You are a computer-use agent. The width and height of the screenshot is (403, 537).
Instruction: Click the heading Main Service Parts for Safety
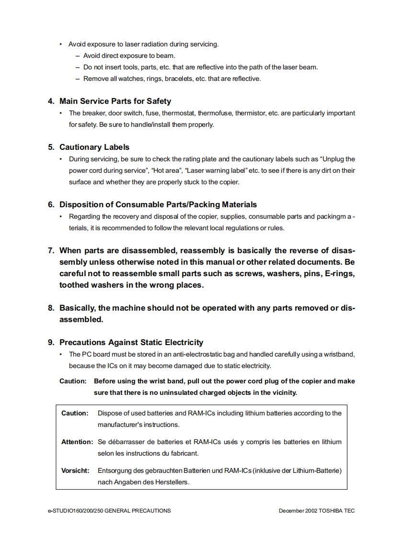115,101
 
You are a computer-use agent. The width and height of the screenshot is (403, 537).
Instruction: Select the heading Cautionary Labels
94,147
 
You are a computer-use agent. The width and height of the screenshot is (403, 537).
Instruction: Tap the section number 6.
50,204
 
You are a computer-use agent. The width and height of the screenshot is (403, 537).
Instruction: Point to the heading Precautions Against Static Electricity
131,342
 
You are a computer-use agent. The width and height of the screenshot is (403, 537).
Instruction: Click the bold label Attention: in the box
77,442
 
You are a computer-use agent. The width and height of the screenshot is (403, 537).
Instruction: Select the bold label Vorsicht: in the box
75,470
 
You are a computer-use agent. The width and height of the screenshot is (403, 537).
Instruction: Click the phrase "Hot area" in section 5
166,170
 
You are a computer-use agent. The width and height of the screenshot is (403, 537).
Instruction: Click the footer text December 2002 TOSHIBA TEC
317,511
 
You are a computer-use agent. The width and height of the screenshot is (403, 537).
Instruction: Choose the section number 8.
50,308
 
